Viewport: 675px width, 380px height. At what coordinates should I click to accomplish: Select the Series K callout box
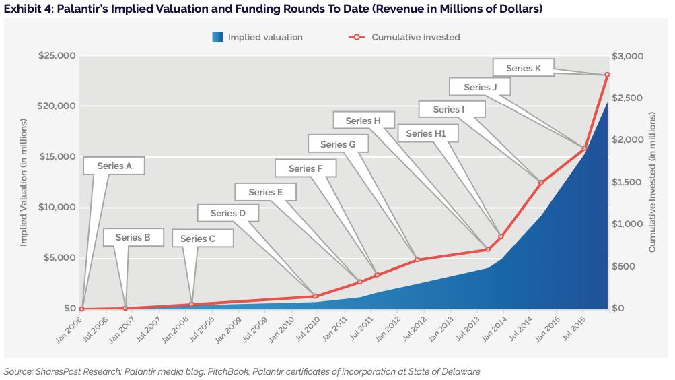pyautogui.click(x=524, y=68)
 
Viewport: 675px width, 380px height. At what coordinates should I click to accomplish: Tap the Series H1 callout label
pyautogui.click(x=426, y=134)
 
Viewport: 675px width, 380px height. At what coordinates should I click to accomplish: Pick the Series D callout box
pyautogui.click(x=228, y=214)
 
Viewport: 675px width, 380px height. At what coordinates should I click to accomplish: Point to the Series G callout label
pyautogui.click(x=338, y=144)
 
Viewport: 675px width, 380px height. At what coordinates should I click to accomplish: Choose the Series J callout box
pyautogui.click(x=481, y=87)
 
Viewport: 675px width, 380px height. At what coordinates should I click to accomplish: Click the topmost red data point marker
pyautogui.click(x=607, y=75)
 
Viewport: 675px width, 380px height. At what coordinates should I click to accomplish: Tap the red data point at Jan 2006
pyautogui.click(x=81, y=309)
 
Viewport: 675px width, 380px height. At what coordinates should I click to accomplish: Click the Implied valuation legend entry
pyautogui.click(x=256, y=37)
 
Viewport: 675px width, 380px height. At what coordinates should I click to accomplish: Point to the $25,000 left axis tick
pyautogui.click(x=56, y=55)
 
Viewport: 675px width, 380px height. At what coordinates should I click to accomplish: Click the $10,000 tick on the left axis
pyautogui.click(x=56, y=208)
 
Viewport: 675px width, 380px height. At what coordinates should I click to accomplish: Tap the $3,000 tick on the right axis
pyautogui.click(x=630, y=55)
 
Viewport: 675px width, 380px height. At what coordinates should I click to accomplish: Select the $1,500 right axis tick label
pyautogui.click(x=630, y=182)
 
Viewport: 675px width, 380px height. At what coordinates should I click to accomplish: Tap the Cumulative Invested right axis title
pyautogui.click(x=651, y=182)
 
